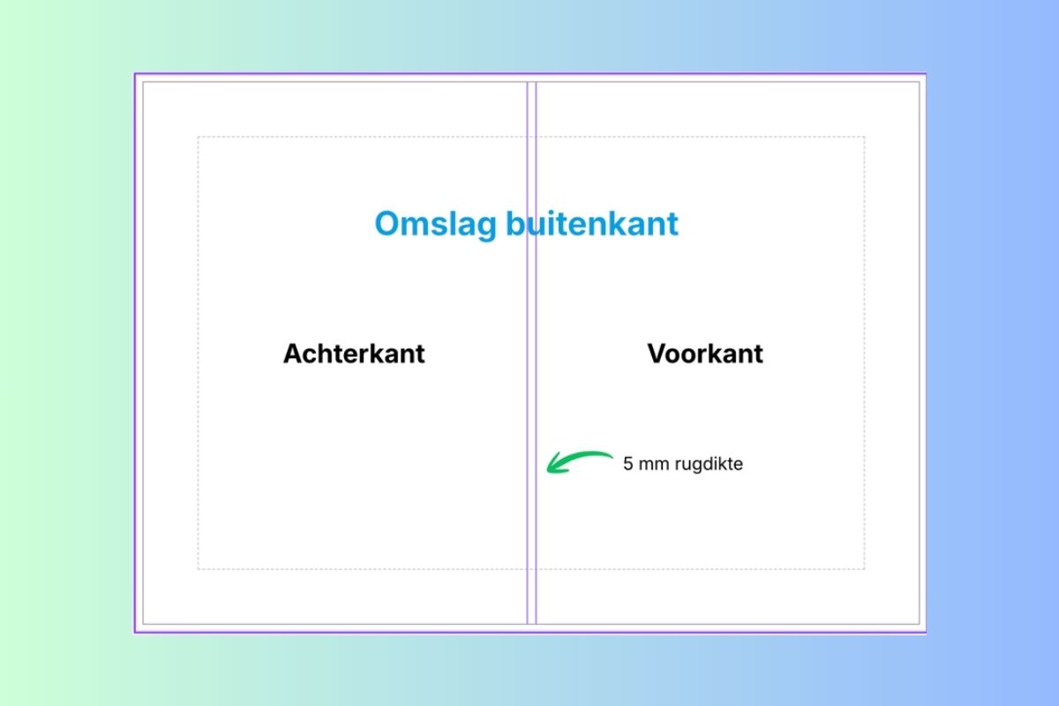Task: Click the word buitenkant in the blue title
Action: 592,223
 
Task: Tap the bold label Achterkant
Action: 354,353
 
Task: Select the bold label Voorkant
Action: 705,353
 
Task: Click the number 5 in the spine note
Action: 627,463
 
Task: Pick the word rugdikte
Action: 710,464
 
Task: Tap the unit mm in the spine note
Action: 654,465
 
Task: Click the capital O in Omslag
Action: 388,223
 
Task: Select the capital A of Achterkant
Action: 293,354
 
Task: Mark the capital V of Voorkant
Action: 657,354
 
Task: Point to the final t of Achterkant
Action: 420,355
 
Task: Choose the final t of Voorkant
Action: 758,355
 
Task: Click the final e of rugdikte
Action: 739,465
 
